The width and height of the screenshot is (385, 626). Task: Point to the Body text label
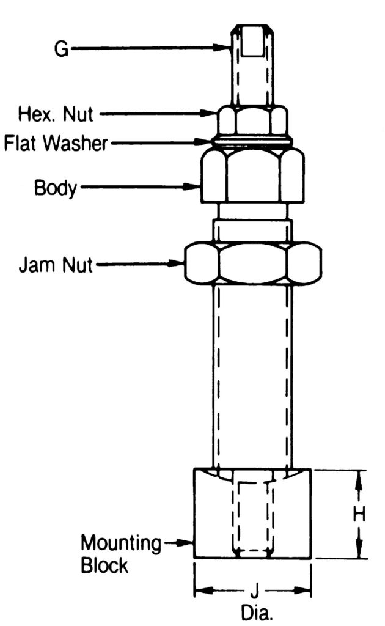point(56,187)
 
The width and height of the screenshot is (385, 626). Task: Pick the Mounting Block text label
point(121,553)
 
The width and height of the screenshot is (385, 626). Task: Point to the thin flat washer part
point(252,143)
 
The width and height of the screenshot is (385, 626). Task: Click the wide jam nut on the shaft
point(252,264)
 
